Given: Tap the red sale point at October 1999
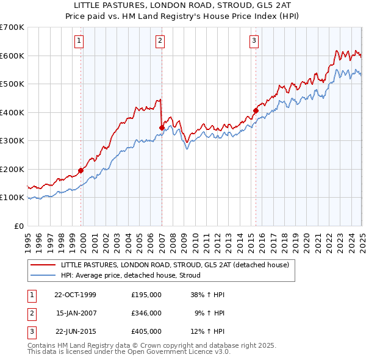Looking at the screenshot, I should point(81,171).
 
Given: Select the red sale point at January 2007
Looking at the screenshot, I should point(162,128).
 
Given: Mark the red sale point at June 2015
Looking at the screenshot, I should point(256,111).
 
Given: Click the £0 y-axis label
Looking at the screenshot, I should point(20,226).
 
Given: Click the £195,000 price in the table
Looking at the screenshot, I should point(146,294).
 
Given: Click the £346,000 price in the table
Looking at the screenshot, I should point(146,313).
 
